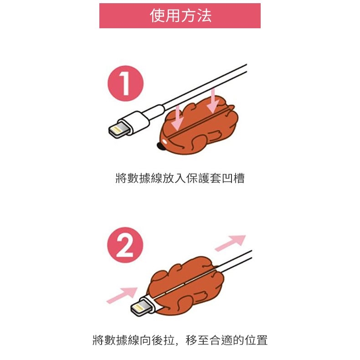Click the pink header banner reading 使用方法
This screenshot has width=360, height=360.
pyautogui.click(x=180, y=15)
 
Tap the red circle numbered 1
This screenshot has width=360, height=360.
pyautogui.click(x=125, y=83)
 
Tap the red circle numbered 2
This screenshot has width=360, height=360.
pyautogui.click(x=125, y=245)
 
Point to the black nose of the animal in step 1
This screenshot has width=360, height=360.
pyautogui.click(x=159, y=145)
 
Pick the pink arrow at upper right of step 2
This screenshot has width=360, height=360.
pyautogui.click(x=230, y=243)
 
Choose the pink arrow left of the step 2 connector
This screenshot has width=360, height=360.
pyautogui.click(x=122, y=295)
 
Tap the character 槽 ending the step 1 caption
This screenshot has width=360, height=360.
pyautogui.click(x=239, y=178)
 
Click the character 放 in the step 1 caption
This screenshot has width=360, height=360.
pyautogui.click(x=168, y=178)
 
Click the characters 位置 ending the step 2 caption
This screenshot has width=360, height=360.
pyautogui.click(x=256, y=340)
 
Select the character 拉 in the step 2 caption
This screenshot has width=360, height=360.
pyautogui.click(x=169, y=340)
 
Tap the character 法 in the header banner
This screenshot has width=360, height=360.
pyautogui.click(x=204, y=15)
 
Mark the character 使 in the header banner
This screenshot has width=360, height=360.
pyautogui.click(x=157, y=15)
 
